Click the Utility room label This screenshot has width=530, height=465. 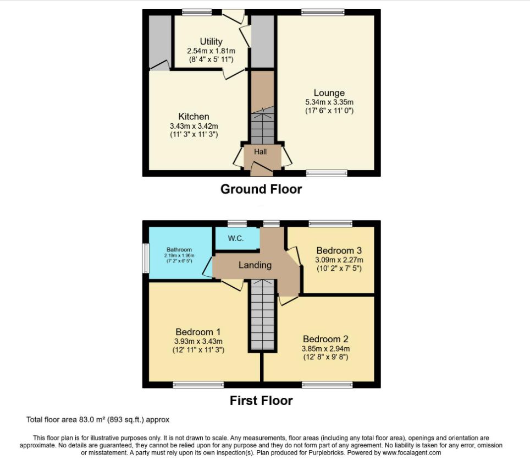point(211,42)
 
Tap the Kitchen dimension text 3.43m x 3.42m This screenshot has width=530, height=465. point(194,126)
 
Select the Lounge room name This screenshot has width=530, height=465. point(329,93)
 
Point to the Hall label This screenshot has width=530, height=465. point(260,152)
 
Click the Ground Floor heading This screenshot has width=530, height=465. point(261,189)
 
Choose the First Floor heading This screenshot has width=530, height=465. point(261,401)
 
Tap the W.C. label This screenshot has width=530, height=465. point(236,238)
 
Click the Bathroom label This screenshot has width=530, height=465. point(179,249)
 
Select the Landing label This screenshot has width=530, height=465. point(255,265)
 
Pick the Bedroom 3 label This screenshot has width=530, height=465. point(339,250)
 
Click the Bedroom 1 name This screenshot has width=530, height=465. point(198,332)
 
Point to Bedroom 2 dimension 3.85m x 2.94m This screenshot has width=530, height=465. point(325,348)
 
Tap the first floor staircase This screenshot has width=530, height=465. point(263,314)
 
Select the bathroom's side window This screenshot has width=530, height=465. point(145,258)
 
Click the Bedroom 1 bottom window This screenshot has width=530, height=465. point(198,385)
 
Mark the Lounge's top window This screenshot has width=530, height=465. point(323,12)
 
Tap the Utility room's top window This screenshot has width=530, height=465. point(197,12)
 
